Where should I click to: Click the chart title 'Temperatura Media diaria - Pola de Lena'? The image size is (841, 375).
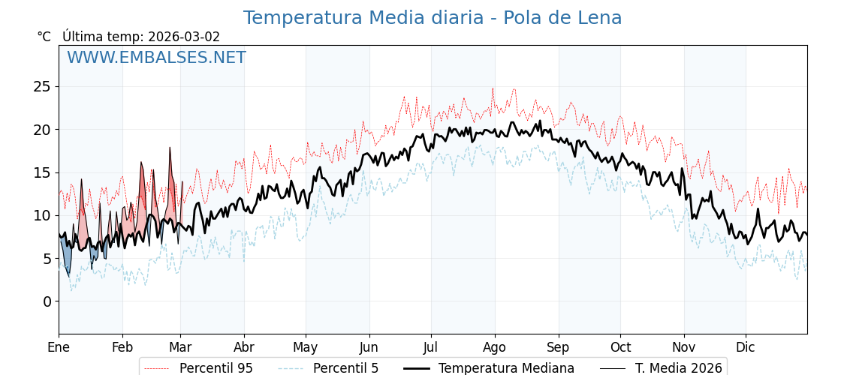(433, 18)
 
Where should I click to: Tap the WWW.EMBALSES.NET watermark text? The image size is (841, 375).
(156, 58)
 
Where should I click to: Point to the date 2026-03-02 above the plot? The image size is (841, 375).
(184, 37)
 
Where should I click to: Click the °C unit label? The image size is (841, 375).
(44, 37)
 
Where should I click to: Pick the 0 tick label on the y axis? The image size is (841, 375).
(47, 301)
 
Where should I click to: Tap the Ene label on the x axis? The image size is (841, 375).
(59, 347)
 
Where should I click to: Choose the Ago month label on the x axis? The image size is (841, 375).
(494, 347)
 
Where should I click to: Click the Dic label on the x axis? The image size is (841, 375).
(746, 347)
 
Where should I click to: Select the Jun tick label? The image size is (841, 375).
(369, 347)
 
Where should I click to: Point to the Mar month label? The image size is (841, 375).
(180, 347)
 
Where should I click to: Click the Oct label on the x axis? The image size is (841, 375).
(620, 347)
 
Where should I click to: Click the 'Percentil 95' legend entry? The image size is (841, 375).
(216, 368)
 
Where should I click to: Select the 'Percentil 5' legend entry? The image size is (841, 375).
(345, 368)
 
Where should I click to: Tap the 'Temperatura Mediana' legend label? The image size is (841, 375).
(506, 368)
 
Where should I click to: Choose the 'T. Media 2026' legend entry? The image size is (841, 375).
(678, 368)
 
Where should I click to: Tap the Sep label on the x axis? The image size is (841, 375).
(559, 347)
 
